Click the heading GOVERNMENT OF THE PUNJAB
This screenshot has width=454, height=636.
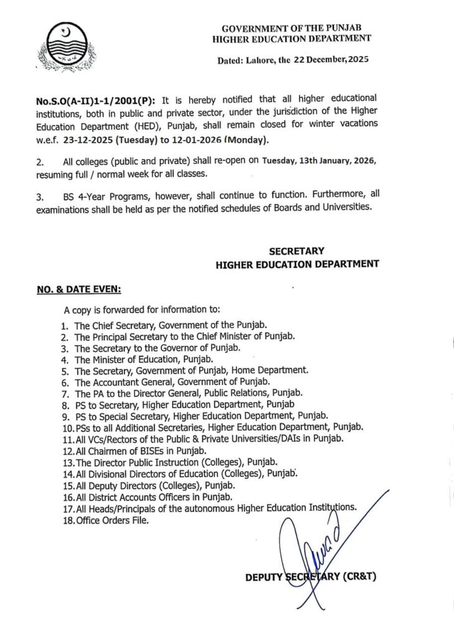(292, 28)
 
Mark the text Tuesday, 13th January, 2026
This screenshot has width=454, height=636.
(319, 160)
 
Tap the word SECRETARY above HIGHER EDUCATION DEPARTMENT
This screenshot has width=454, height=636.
(296, 251)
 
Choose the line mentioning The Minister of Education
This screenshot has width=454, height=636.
(144, 359)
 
